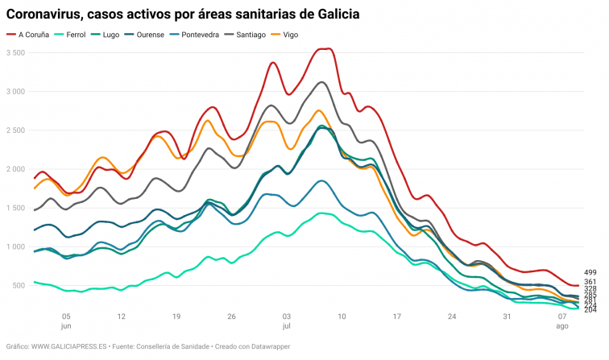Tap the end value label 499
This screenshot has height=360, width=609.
(590, 273)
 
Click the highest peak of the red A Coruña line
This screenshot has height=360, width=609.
(322, 49)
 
